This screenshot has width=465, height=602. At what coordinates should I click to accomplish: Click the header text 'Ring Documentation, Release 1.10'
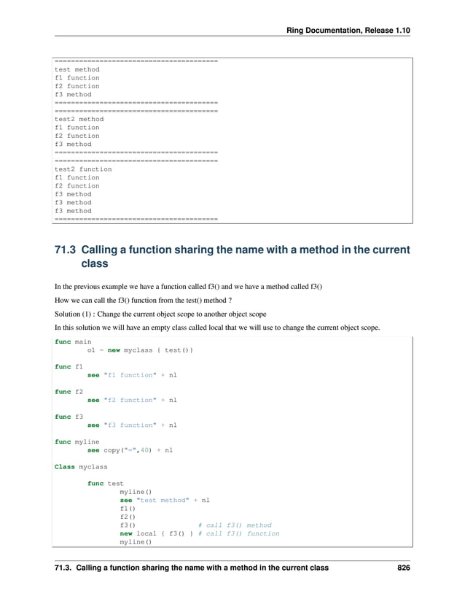click(x=348, y=29)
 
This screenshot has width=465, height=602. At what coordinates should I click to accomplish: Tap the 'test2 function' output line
click(x=83, y=169)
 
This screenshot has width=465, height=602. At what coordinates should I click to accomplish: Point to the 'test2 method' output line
click(x=79, y=119)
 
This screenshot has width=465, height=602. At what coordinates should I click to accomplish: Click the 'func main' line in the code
click(x=73, y=341)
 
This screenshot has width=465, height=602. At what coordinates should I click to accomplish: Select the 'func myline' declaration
click(x=77, y=442)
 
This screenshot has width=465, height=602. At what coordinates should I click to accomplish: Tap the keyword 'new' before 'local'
click(x=125, y=533)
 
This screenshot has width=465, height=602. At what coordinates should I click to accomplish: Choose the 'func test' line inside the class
click(x=105, y=484)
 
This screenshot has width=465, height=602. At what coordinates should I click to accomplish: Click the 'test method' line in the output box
click(x=77, y=69)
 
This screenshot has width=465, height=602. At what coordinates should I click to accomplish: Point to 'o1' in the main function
click(x=91, y=350)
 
